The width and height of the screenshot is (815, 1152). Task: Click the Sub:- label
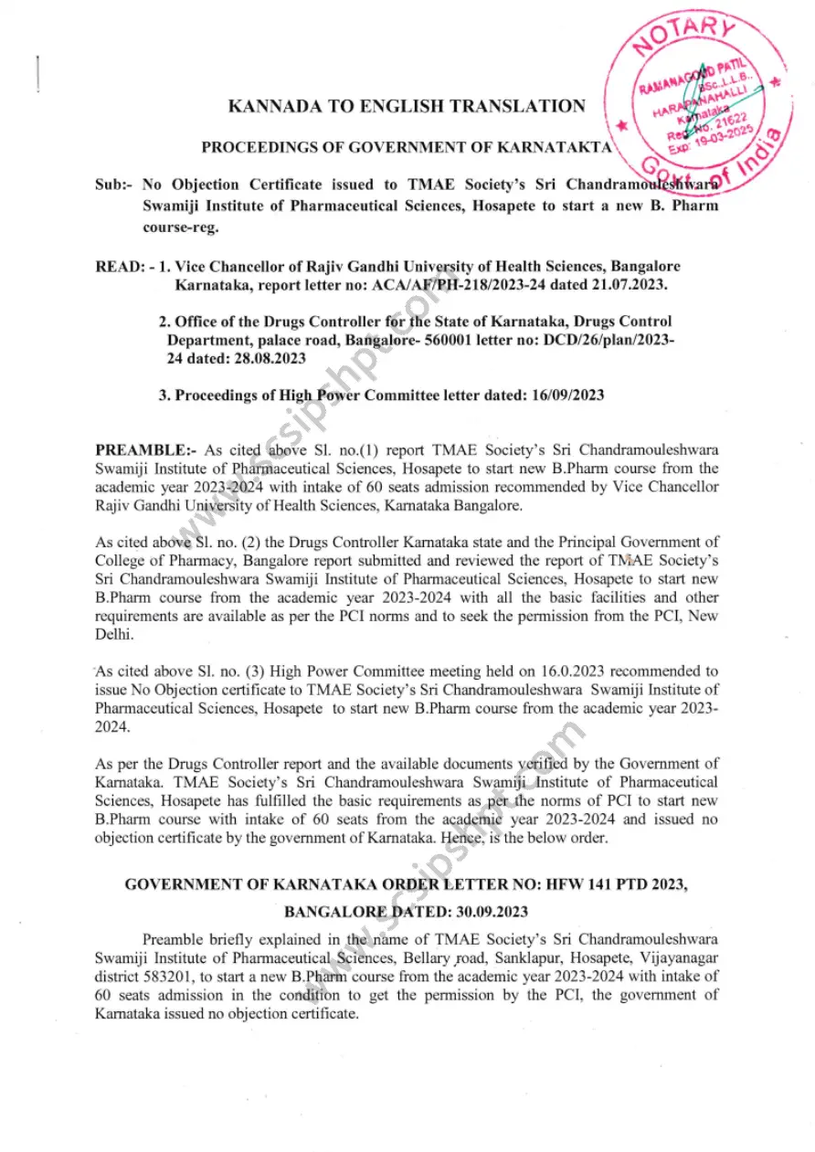point(113,185)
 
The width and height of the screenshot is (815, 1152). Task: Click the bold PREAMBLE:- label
point(146,450)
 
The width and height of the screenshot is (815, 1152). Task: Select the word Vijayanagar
point(676,957)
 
